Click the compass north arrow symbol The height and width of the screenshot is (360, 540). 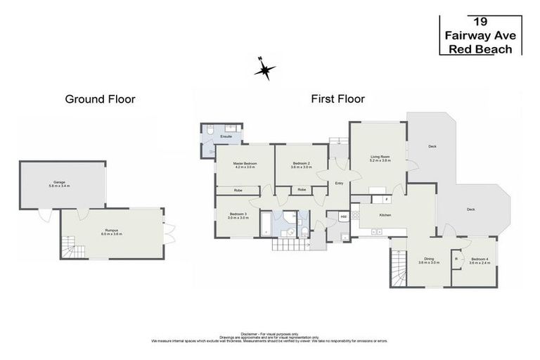(264, 68)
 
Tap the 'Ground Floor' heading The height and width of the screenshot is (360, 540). (100, 99)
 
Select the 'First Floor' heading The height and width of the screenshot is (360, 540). (337, 99)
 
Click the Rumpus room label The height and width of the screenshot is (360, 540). (112, 231)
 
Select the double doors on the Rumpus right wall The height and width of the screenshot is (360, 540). (168, 230)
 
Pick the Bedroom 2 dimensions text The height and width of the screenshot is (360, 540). (301, 167)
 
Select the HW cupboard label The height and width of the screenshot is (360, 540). (343, 217)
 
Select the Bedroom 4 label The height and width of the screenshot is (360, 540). (480, 259)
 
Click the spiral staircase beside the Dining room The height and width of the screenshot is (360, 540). (399, 269)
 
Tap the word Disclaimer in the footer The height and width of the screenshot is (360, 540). (250, 334)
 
